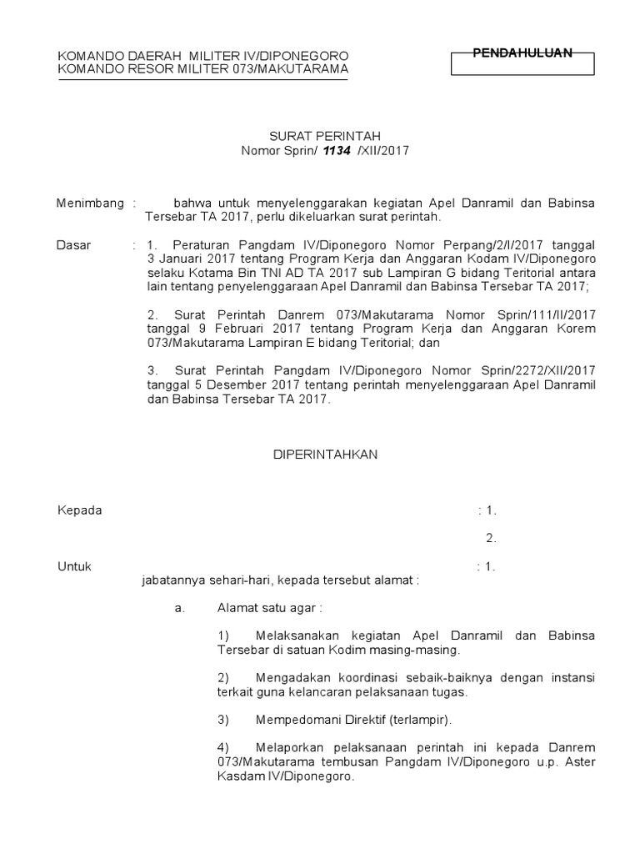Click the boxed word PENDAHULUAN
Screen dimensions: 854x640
coord(522,53)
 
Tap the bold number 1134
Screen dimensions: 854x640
coord(338,150)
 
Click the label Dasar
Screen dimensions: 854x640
coord(73,245)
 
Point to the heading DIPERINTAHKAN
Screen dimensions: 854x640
coord(327,455)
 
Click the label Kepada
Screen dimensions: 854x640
coord(79,510)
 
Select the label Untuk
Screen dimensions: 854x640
coord(74,566)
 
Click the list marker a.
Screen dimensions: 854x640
coord(179,608)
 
